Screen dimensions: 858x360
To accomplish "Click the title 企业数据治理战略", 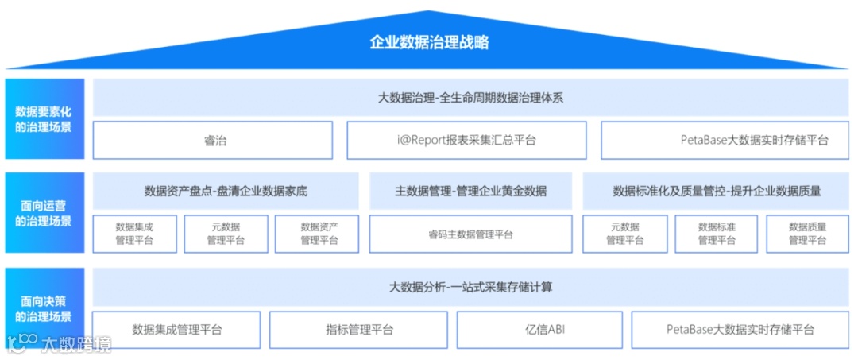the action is pyautogui.click(x=429, y=42).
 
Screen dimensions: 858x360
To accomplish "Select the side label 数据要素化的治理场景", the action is pyautogui.click(x=44, y=119).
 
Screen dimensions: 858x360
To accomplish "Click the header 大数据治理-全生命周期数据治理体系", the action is pyautogui.click(x=470, y=98).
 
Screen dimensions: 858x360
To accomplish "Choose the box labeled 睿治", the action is pyautogui.click(x=213, y=141).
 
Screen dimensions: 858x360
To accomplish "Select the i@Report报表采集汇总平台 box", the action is pyautogui.click(x=466, y=141).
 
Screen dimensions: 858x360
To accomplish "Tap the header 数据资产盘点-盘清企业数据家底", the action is pyautogui.click(x=226, y=192).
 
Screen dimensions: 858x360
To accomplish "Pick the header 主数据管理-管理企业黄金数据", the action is pyautogui.click(x=470, y=192).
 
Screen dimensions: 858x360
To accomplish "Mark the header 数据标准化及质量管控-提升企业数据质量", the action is pyautogui.click(x=716, y=192).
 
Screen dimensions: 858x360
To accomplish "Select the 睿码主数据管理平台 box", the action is pyautogui.click(x=470, y=234).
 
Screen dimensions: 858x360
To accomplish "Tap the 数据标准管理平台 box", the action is pyautogui.click(x=716, y=234).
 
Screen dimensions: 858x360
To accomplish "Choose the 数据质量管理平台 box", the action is pyautogui.click(x=807, y=234).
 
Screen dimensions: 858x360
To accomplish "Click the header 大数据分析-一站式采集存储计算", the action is pyautogui.click(x=470, y=287).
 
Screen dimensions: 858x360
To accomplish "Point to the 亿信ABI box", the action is pyautogui.click(x=545, y=330).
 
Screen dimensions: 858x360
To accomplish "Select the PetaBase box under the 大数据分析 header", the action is pyautogui.click(x=740, y=330).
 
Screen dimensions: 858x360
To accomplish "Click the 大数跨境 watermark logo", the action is pyautogui.click(x=60, y=343).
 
